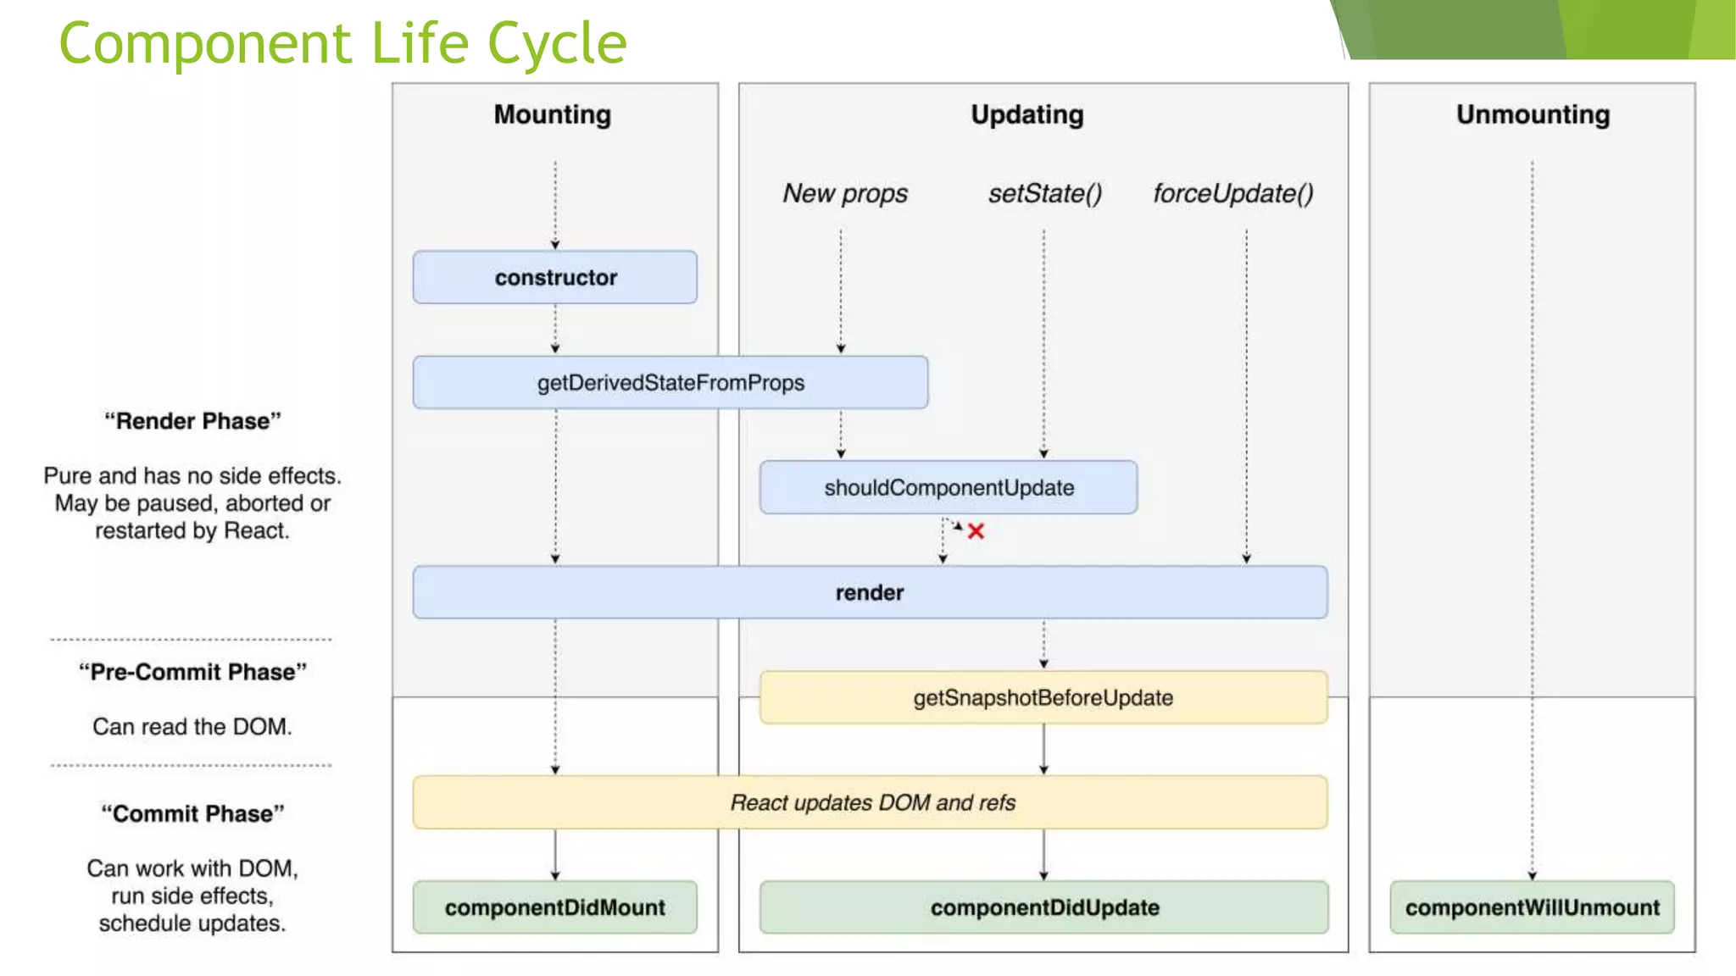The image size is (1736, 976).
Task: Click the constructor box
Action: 555,277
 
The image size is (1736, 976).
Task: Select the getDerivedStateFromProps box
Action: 670,382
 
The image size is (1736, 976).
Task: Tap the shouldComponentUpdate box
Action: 949,487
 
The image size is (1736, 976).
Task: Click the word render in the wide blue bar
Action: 870,592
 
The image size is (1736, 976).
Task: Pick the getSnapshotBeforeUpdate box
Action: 1043,697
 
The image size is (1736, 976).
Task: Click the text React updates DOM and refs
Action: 872,802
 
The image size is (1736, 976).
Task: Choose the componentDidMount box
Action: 555,907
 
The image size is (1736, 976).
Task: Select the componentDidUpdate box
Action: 1044,907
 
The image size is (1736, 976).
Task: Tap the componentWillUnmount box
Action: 1532,907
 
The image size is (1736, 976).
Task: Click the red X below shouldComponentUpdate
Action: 976,531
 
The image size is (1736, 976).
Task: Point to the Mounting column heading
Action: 553,114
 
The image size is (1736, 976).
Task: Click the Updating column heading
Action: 1027,114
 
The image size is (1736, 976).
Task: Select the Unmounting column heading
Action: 1533,114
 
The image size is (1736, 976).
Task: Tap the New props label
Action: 845,193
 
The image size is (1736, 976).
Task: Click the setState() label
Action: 1045,193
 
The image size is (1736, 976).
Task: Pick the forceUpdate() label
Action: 1233,193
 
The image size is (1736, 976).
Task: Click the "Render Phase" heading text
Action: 192,421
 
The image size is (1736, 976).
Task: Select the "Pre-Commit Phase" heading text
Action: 192,672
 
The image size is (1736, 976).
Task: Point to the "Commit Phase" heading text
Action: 192,813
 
